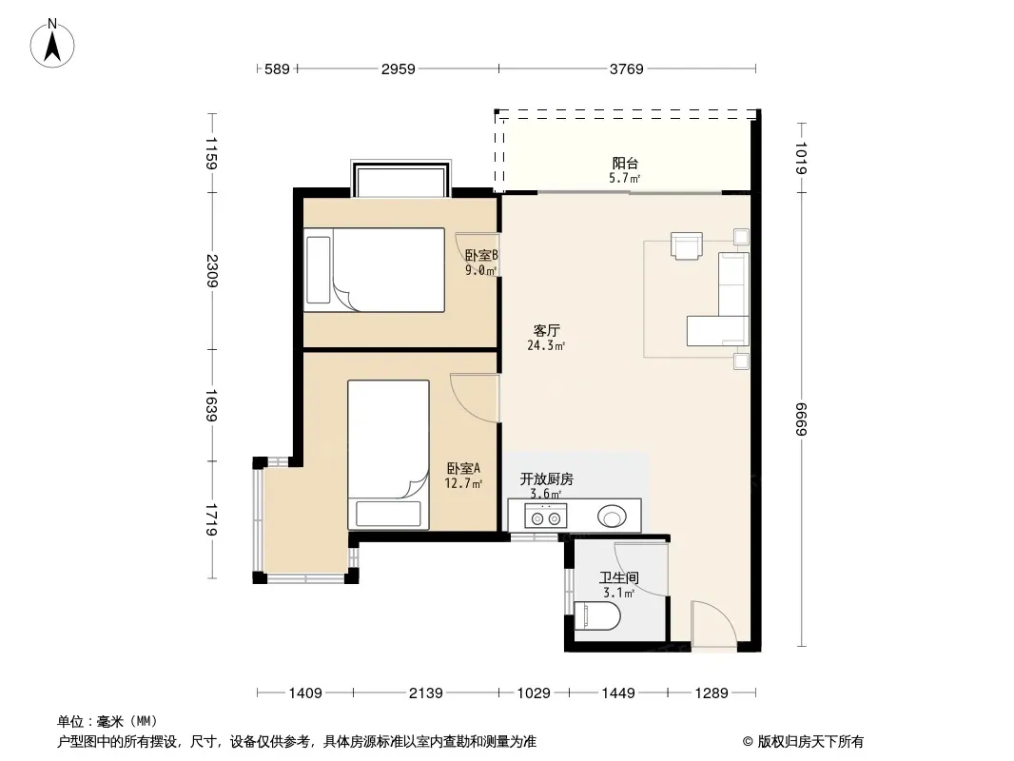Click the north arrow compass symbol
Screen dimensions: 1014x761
[52, 44]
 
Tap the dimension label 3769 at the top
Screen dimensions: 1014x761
[626, 68]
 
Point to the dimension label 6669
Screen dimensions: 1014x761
[801, 419]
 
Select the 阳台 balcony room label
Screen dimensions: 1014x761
[625, 163]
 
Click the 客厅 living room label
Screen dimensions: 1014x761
[546, 331]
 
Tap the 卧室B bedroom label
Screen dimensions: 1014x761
[481, 255]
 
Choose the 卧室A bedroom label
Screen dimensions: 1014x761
[463, 468]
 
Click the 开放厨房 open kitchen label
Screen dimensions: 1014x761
[546, 479]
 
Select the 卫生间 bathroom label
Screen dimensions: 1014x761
[619, 577]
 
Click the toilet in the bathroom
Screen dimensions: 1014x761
[596, 615]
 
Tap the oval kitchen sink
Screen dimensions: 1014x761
[612, 517]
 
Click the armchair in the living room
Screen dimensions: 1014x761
[686, 245]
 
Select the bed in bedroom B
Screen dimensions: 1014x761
[375, 270]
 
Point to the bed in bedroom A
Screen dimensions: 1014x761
[389, 455]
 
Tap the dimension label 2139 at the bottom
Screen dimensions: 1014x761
[425, 693]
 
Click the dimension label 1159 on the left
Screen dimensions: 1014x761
[211, 153]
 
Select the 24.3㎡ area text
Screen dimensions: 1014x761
[546, 346]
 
